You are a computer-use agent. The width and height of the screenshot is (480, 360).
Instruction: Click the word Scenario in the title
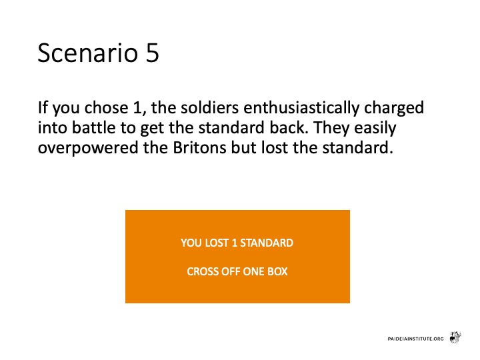point(88,53)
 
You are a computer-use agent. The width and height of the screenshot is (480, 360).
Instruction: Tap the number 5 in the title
point(153,53)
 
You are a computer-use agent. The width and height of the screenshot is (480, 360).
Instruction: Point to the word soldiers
point(210,107)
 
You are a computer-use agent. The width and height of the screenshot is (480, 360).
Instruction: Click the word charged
point(394,108)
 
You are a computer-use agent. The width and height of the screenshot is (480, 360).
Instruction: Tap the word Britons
point(199,148)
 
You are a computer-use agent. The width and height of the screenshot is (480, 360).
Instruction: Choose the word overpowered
point(88,149)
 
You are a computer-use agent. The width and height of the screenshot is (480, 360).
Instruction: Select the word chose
point(106,107)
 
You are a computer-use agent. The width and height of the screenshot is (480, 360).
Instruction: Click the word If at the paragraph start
point(43,107)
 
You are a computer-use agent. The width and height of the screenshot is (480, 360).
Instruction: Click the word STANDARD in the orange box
point(267,243)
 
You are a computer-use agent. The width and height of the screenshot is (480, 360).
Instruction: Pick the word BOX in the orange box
point(277,271)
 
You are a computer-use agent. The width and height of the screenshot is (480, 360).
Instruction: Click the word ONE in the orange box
point(255,271)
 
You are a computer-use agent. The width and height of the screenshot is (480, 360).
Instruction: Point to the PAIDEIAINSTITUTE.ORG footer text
point(415,339)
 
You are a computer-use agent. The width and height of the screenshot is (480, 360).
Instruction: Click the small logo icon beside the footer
point(455,337)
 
